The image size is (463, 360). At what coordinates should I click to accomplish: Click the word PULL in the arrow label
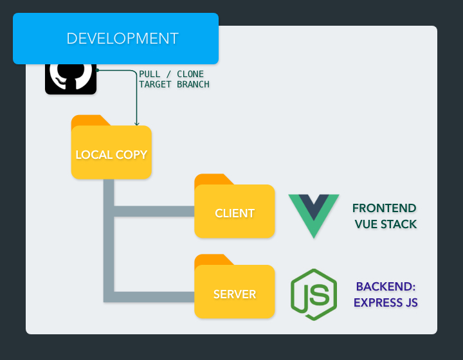click(x=150, y=74)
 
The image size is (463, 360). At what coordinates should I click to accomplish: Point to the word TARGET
click(x=155, y=84)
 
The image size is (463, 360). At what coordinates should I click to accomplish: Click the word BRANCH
click(x=192, y=84)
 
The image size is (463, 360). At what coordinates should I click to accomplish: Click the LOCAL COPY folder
click(x=111, y=154)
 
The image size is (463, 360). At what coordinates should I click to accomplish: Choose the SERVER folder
click(x=235, y=294)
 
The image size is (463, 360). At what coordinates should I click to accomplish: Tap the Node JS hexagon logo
click(x=314, y=294)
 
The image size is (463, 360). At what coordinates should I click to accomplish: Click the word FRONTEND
click(x=385, y=208)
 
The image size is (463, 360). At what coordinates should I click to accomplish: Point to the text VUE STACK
click(x=386, y=224)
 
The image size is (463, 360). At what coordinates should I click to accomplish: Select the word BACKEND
click(x=386, y=287)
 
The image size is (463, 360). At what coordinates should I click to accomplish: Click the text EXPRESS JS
click(x=386, y=302)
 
